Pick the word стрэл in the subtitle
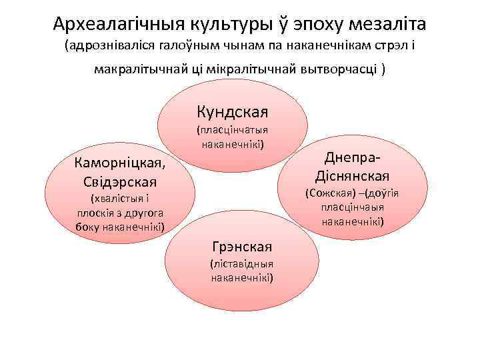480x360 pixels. [x=389, y=48]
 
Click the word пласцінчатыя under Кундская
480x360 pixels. [x=232, y=131]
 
